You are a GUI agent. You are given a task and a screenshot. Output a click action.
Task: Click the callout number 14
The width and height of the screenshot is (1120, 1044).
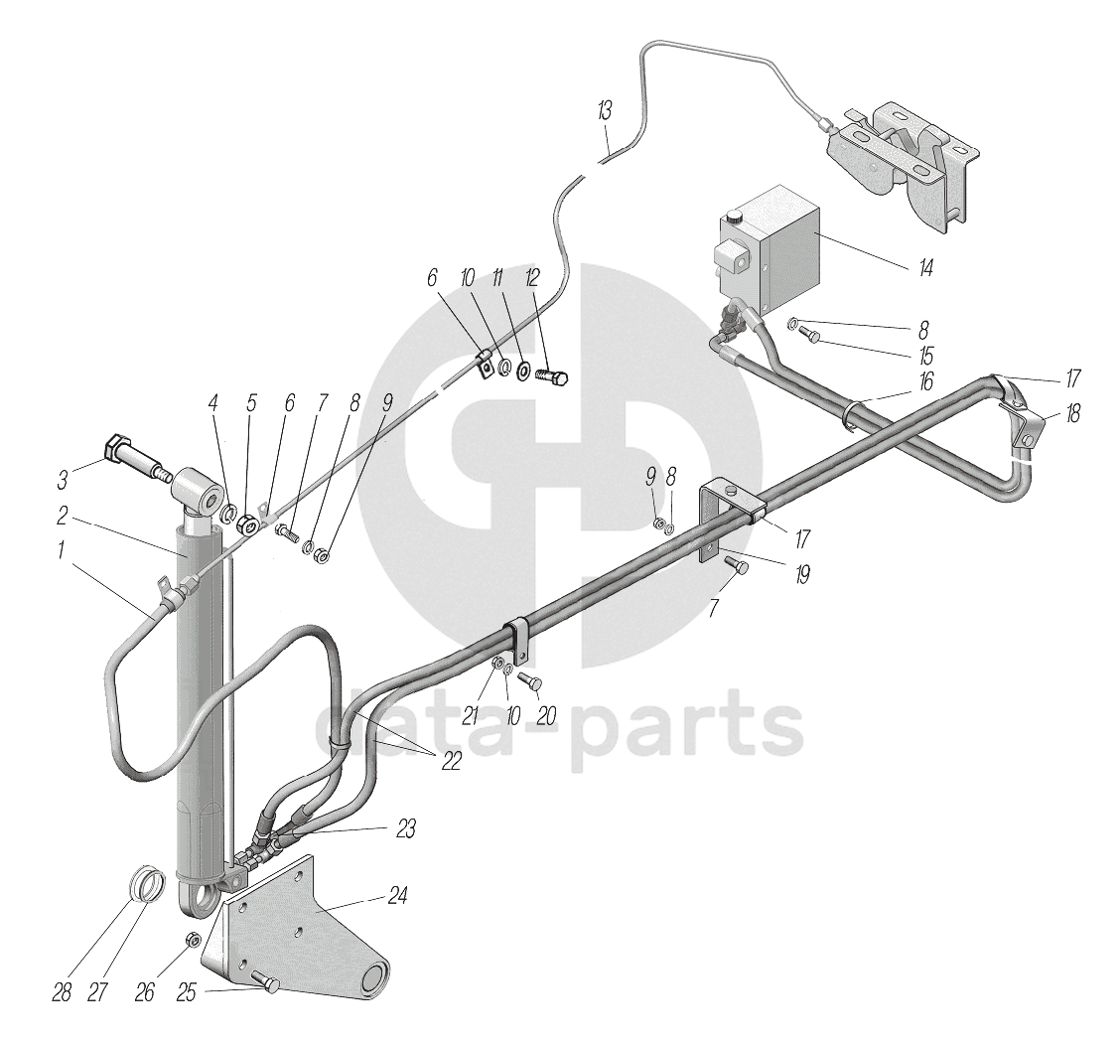924,269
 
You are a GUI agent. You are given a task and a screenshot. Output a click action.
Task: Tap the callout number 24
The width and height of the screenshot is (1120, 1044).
398,895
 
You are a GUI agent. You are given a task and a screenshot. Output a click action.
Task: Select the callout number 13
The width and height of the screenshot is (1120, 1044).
605,110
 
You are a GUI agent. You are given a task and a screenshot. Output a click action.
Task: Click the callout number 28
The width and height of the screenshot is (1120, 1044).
63,992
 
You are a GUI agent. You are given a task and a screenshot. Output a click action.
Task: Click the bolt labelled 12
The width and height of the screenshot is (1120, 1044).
552,377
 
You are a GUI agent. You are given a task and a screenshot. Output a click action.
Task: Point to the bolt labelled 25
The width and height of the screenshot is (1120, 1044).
266,982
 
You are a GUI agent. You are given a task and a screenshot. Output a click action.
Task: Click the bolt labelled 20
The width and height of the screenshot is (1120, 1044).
530,681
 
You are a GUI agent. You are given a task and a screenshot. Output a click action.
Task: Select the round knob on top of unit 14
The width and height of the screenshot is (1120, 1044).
735,215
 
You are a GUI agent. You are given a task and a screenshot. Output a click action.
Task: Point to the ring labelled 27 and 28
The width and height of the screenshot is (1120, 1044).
147,882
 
